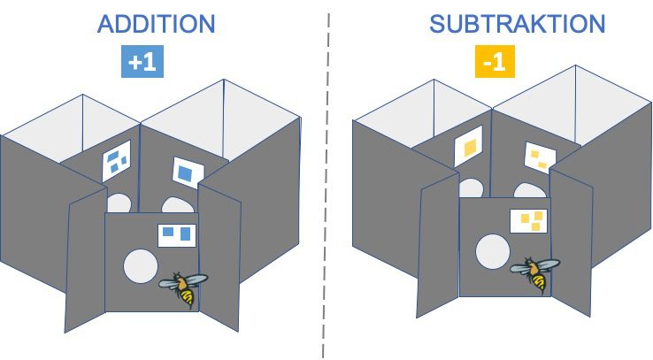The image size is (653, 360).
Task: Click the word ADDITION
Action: (155, 23)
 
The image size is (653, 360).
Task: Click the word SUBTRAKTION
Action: (517, 23)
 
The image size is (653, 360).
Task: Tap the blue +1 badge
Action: (142, 63)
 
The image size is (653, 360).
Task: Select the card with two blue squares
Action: (177, 234)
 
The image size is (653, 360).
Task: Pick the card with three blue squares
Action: (116, 161)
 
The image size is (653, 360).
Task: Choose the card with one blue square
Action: (184, 172)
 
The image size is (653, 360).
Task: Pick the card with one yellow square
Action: (468, 147)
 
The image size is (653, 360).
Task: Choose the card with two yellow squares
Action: (539, 157)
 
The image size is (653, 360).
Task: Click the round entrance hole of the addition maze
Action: (139, 266)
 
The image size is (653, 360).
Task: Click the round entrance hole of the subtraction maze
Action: (492, 251)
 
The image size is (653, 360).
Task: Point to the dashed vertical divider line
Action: (326, 177)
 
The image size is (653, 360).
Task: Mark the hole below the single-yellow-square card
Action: (471, 188)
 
